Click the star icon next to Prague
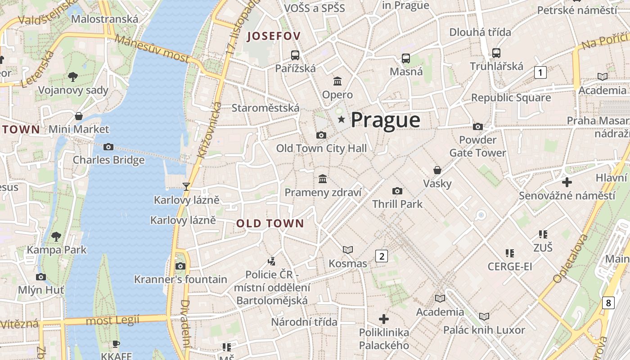pos(342,119)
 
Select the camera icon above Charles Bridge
pos(108,147)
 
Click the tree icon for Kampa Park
pos(56,236)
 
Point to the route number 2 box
pos(382,256)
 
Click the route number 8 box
pos(608,303)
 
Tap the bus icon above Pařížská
pos(295,55)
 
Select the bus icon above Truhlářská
pos(496,53)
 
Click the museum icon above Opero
pos(337,81)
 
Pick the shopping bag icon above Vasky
pos(437,170)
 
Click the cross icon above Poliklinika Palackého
pos(384,319)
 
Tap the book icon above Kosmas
pos(348,250)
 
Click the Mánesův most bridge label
pos(152,48)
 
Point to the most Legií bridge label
pos(112,320)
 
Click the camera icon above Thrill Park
pos(397,191)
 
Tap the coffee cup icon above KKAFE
pos(116,344)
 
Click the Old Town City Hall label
pos(321,148)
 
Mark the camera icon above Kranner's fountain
pos(180,266)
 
